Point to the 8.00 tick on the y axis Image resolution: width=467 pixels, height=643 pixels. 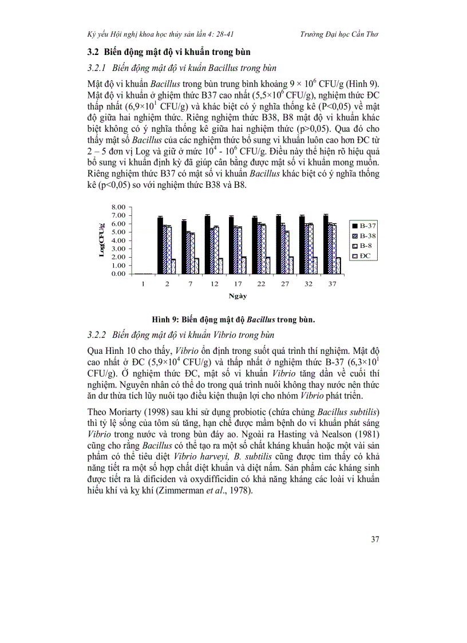117,207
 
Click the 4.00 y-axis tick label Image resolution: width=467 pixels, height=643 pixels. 117,240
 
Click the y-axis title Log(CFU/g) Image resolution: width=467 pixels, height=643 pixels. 102,240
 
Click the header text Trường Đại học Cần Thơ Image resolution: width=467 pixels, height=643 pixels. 339,34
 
